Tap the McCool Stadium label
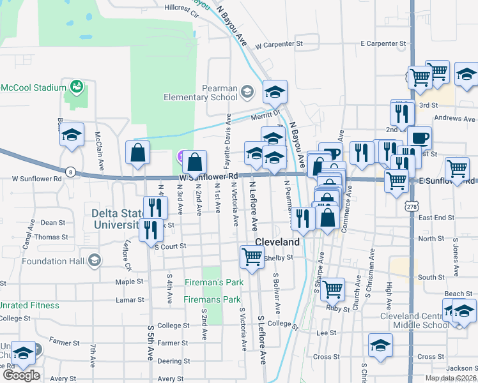pos(33,87)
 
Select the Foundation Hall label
pos(54,261)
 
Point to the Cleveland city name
pos(277,243)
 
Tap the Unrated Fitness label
pos(29,305)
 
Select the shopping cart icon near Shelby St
pos(252,257)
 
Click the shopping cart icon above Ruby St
pos(333,289)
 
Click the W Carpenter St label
pos(278,45)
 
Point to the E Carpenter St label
pos(383,43)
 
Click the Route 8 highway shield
pos(71,172)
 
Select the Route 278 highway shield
pos(411,206)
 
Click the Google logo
pos(21,375)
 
